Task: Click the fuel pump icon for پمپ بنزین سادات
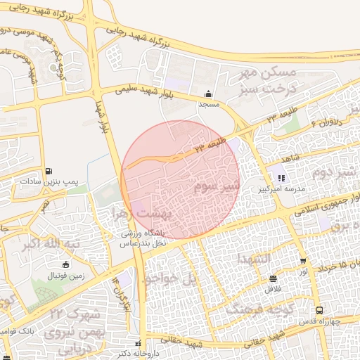click(48, 171)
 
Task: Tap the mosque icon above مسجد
click(208, 94)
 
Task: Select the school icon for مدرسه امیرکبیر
click(283, 178)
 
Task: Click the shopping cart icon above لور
click(303, 260)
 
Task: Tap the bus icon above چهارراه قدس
click(320, 310)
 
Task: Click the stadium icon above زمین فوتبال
click(65, 265)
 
